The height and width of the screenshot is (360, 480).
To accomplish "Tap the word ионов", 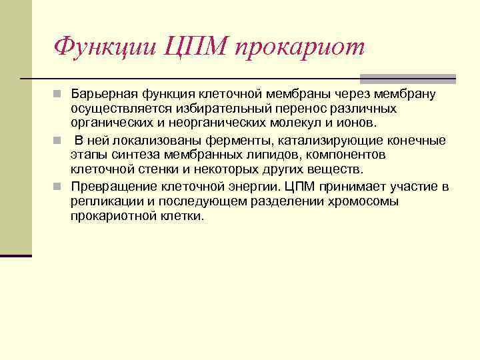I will coord(357,123).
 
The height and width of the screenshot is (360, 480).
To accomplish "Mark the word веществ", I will coord(337,169).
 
